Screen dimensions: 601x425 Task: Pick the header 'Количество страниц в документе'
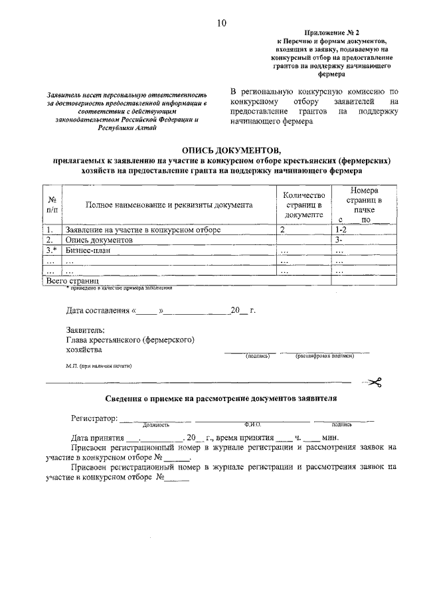[303, 205]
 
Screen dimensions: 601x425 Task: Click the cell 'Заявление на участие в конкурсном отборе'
[143, 229]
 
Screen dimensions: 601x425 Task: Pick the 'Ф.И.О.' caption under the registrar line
[253, 424]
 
